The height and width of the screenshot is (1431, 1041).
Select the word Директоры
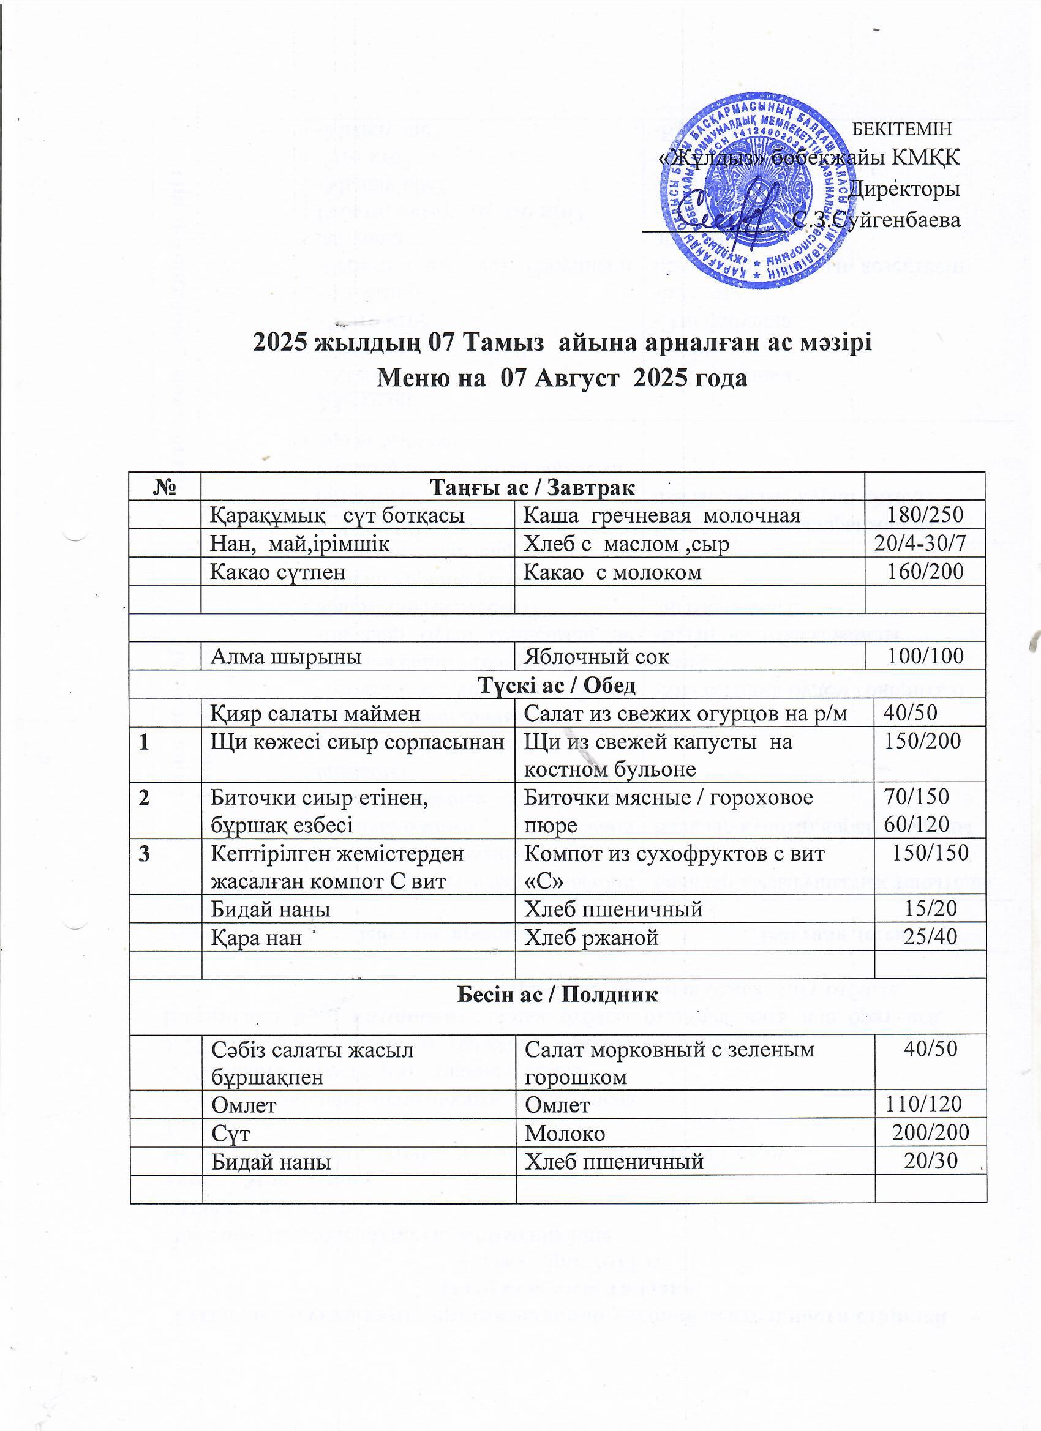pyautogui.click(x=905, y=188)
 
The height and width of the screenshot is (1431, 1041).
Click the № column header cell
pyautogui.click(x=164, y=487)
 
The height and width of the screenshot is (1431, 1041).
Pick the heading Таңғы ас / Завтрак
pyautogui.click(x=531, y=487)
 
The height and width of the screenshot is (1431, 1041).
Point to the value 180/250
pyautogui.click(x=925, y=515)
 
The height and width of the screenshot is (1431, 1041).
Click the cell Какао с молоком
pyautogui.click(x=613, y=572)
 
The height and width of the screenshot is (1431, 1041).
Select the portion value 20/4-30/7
pyautogui.click(x=920, y=544)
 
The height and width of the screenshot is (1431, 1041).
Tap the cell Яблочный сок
pyautogui.click(x=597, y=657)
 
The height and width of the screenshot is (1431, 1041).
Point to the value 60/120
pyautogui.click(x=917, y=824)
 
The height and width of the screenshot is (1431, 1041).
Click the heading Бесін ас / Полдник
pyautogui.click(x=557, y=995)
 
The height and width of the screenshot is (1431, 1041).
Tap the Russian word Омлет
pyautogui.click(x=557, y=1105)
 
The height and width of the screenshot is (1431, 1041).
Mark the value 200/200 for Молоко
pyautogui.click(x=930, y=1133)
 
